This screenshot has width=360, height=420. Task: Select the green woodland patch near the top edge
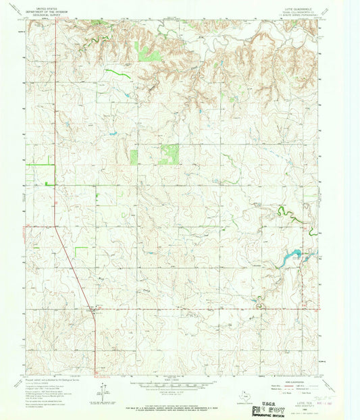click(x=147, y=51)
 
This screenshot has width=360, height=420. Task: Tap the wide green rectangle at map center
click(x=169, y=154)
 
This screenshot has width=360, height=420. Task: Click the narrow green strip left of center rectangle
click(x=134, y=157)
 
